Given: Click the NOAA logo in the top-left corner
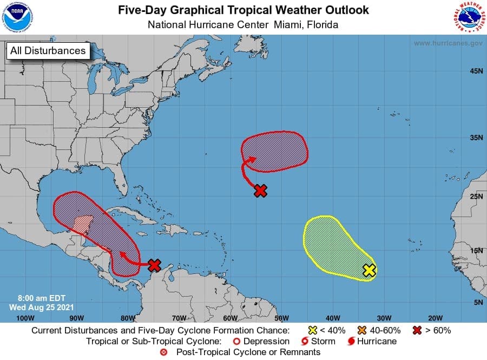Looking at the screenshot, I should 17,17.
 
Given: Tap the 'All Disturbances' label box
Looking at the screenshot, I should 47,51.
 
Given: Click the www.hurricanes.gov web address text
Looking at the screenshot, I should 448,43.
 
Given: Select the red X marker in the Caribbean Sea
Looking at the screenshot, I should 155,265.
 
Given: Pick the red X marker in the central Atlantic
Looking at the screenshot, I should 261,191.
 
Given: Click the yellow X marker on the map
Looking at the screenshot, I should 369,270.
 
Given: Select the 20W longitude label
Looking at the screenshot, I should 435,318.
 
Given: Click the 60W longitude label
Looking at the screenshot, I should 230,318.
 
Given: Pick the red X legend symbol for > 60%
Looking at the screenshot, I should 417,330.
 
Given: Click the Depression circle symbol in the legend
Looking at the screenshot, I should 236,342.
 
